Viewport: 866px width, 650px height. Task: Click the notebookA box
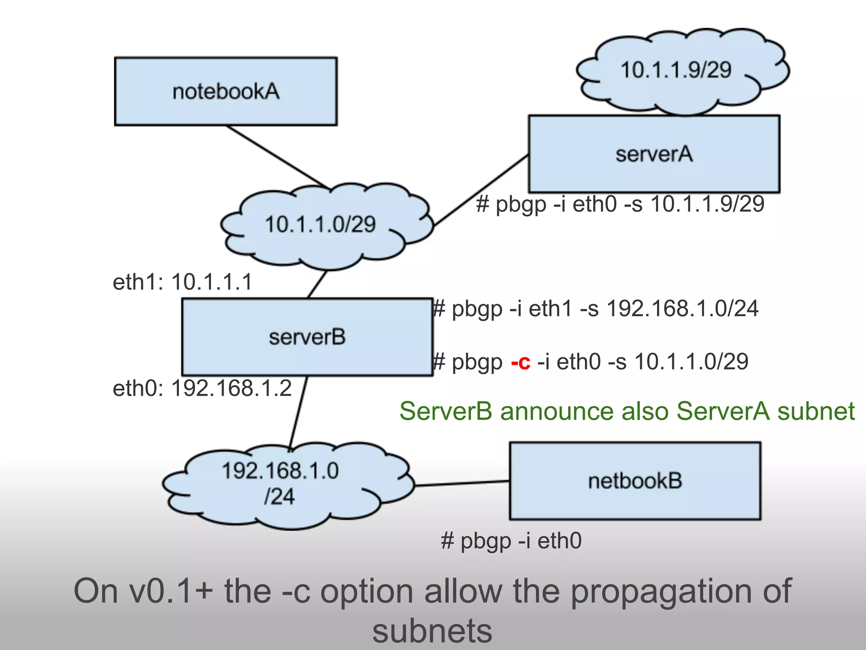pos(226,91)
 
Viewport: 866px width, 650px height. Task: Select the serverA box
pos(654,154)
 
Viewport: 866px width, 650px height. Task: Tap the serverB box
pos(307,337)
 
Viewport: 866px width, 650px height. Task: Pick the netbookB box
pos(635,481)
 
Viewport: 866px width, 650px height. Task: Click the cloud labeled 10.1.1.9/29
pos(675,70)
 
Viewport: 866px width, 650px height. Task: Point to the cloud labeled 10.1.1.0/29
pos(320,225)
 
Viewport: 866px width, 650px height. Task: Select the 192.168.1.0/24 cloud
pos(280,484)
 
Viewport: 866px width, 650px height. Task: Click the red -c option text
pos(521,362)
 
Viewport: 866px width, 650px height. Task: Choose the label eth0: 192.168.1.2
pos(202,388)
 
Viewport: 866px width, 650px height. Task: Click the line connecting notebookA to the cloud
pos(277,157)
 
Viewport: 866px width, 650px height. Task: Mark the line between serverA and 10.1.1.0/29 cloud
pos(481,191)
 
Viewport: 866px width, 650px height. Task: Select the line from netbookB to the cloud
pos(462,483)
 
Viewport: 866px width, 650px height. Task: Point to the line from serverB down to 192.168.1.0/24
pos(298,413)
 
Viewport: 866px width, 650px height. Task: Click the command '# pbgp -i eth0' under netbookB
pos(511,541)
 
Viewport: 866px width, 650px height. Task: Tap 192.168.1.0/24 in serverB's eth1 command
pos(682,308)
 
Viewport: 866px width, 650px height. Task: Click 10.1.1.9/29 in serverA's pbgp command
pos(707,204)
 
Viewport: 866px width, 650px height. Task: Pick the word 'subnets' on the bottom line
pos(432,631)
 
